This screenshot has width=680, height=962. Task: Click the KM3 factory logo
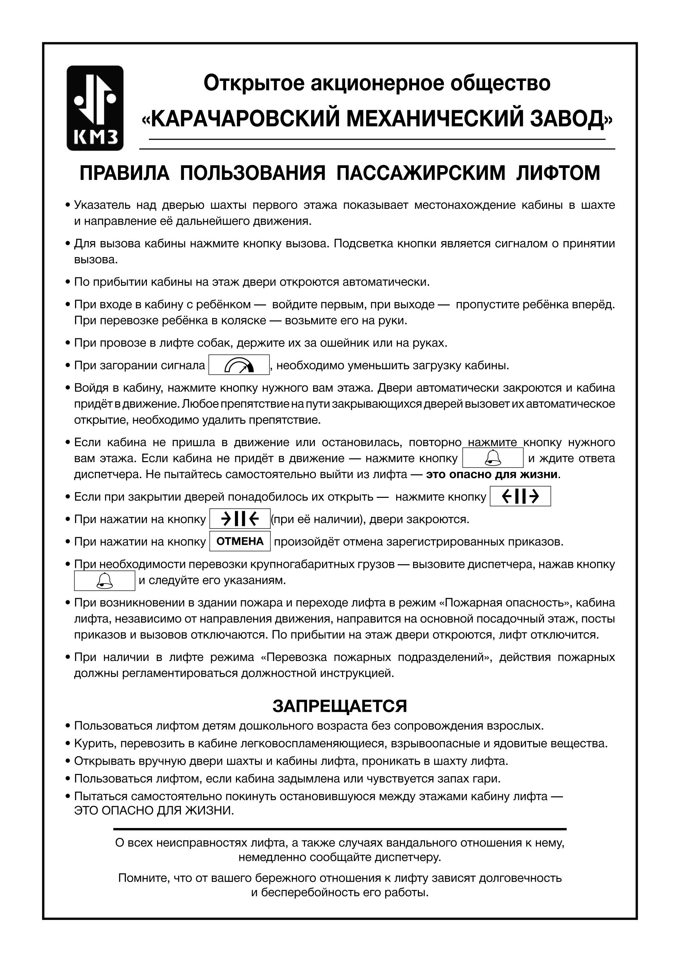point(95,108)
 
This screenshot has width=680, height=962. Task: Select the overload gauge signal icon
point(239,365)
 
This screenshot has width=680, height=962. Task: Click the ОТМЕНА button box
point(240,541)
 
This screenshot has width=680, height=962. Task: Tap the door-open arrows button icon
point(520,496)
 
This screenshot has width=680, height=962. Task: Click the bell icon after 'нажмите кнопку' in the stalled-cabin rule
point(493,458)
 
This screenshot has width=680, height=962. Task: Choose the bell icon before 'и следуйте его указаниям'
point(104,581)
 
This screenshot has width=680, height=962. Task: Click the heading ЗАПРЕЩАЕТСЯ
point(340,706)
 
